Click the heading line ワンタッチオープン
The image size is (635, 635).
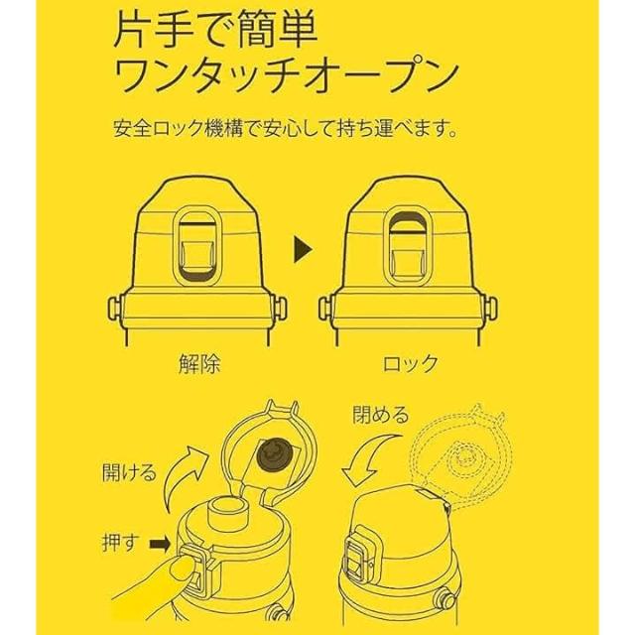point(285,77)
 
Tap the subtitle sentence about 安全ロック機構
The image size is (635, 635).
point(285,129)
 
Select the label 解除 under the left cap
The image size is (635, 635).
point(199,364)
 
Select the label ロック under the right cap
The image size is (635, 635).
point(411,364)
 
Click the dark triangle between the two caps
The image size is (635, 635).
point(303,249)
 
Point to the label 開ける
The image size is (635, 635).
point(129,472)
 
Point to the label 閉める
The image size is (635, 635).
point(380,415)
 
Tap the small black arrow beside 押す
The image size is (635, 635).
point(160,544)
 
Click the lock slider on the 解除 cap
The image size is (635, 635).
point(196,246)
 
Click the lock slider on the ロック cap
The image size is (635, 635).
point(408,246)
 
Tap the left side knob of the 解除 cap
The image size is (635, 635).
point(115,309)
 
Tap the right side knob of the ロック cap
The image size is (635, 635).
point(491,309)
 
